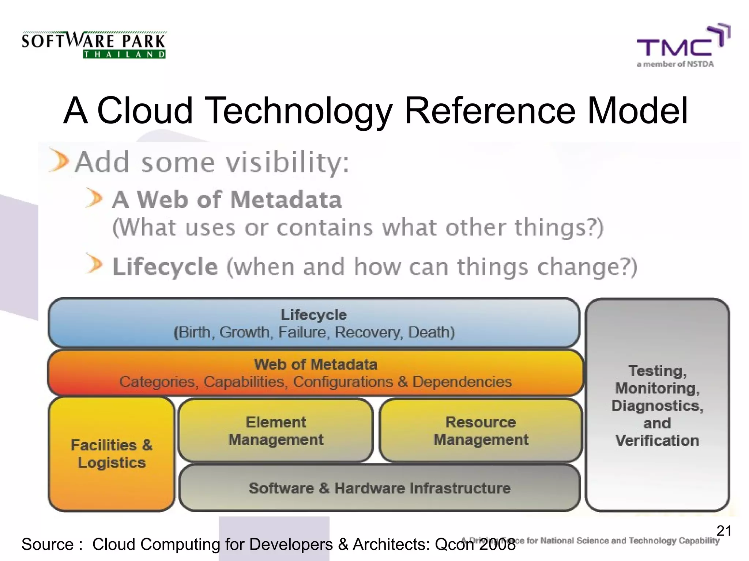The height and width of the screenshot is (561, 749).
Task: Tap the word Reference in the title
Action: [490, 111]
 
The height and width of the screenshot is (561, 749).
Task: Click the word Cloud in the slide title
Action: [145, 111]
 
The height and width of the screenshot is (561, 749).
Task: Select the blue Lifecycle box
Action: [314, 323]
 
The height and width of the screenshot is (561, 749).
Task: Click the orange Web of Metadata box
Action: [315, 373]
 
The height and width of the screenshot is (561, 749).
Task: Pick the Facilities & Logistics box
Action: [112, 454]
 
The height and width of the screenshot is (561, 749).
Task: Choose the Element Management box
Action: [276, 431]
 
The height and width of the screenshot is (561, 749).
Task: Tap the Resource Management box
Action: [481, 431]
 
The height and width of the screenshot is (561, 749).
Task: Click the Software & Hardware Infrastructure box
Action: [380, 488]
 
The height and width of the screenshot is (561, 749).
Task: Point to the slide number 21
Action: [724, 531]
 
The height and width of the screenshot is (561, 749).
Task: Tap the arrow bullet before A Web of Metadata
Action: [94, 198]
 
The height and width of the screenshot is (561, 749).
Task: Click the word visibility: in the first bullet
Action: [287, 162]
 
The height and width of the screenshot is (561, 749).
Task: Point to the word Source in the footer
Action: [48, 544]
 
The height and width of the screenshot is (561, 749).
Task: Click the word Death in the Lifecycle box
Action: [431, 332]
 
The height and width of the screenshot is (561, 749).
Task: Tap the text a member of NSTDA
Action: [675, 64]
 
